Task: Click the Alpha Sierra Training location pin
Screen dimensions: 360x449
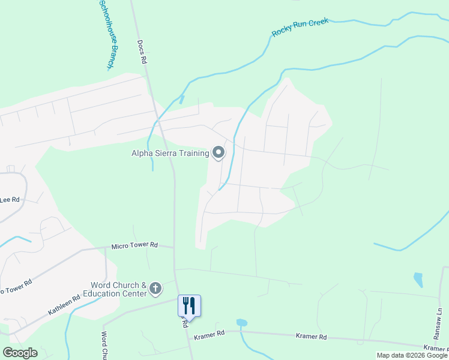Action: pyautogui.click(x=218, y=153)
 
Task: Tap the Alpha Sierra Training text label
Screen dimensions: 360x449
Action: pyautogui.click(x=170, y=153)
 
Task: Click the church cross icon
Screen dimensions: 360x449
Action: pyautogui.click(x=155, y=289)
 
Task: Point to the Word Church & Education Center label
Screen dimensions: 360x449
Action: pyautogui.click(x=118, y=289)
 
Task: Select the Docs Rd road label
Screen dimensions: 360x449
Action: pyautogui.click(x=142, y=53)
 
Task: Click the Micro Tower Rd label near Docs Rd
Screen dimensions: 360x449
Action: pyautogui.click(x=134, y=245)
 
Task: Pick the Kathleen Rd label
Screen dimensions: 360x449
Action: pyautogui.click(x=64, y=306)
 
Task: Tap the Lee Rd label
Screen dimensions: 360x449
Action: pyautogui.click(x=10, y=199)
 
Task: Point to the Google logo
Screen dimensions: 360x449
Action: pyautogui.click(x=20, y=353)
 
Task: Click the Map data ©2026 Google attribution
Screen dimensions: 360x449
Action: pyautogui.click(x=412, y=355)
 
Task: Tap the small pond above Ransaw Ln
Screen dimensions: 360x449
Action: pyautogui.click(x=418, y=280)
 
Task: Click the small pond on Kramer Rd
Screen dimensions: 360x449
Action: pyautogui.click(x=241, y=323)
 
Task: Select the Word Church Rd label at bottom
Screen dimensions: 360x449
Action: pyautogui.click(x=104, y=346)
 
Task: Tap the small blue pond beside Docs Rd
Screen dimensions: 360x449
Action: pyautogui.click(x=181, y=100)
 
